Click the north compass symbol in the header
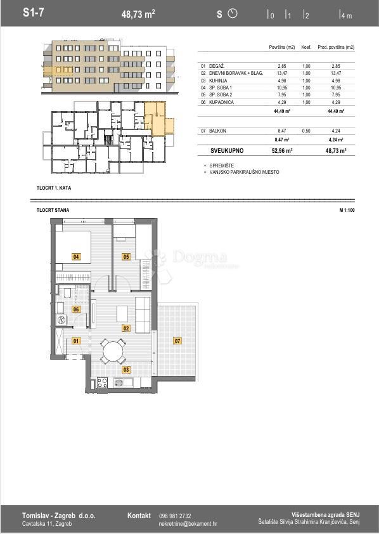[x=232, y=13]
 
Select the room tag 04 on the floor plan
[x=76, y=257]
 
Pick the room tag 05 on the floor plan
[x=126, y=256]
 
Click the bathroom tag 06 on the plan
[x=76, y=309]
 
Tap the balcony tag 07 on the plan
[x=177, y=341]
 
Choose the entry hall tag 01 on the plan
[x=76, y=341]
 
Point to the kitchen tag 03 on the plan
[x=126, y=369]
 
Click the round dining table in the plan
[x=112, y=351]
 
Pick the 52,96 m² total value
[x=282, y=151]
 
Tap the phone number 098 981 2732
[x=175, y=516]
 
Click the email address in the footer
[x=188, y=524]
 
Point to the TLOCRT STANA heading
[x=53, y=210]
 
